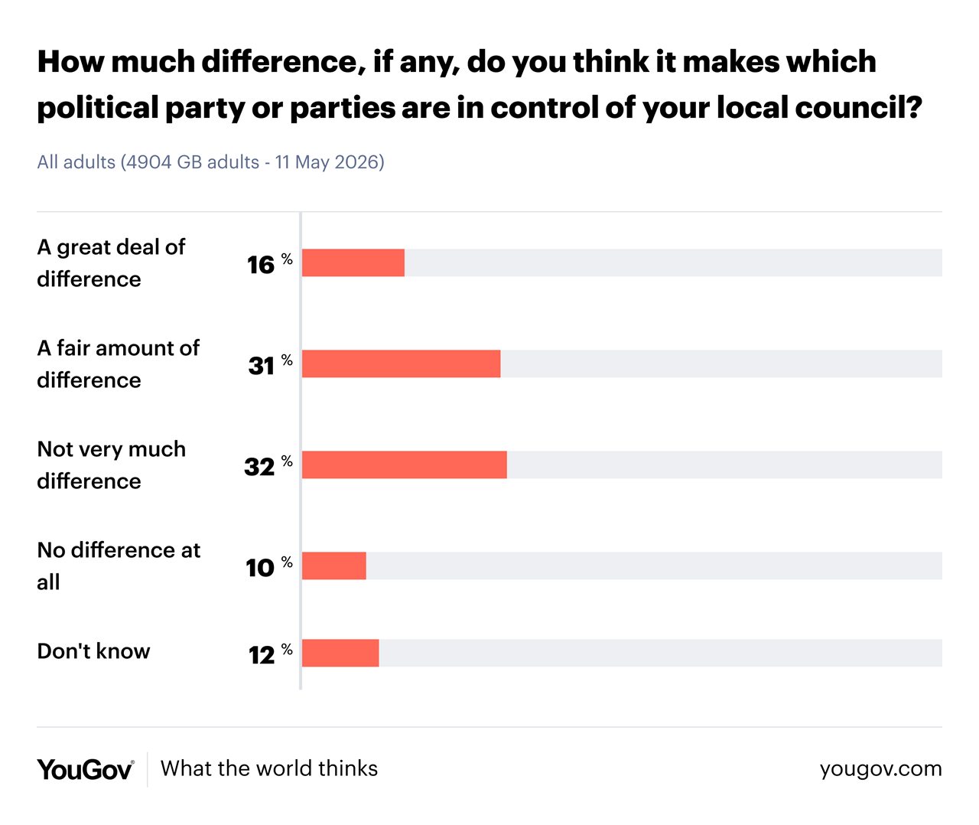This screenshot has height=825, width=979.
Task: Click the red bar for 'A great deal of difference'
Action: click(x=353, y=262)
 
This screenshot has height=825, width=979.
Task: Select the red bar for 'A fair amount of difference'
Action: click(x=402, y=364)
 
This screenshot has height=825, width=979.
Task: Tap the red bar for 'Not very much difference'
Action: click(x=404, y=465)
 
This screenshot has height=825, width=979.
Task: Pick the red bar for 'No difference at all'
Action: click(x=333, y=566)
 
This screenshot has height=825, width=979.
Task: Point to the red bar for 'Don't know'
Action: click(x=340, y=653)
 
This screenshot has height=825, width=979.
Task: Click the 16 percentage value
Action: click(x=269, y=264)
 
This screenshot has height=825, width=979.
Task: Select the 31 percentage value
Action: click(x=271, y=365)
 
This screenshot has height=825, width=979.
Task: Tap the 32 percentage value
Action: click(x=268, y=466)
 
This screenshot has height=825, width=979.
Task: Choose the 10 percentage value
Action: click(x=269, y=567)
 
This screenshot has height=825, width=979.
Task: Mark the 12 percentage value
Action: click(x=271, y=654)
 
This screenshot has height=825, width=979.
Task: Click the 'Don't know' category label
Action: click(x=94, y=651)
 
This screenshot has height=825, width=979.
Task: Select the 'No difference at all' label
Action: click(x=119, y=566)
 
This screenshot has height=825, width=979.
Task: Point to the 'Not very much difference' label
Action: click(x=112, y=465)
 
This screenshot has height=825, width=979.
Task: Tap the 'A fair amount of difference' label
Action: click(x=118, y=364)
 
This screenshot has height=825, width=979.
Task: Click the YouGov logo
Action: click(x=86, y=770)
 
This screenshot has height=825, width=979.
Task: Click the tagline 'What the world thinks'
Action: click(x=269, y=768)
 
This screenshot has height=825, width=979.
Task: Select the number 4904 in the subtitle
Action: click(x=148, y=162)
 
